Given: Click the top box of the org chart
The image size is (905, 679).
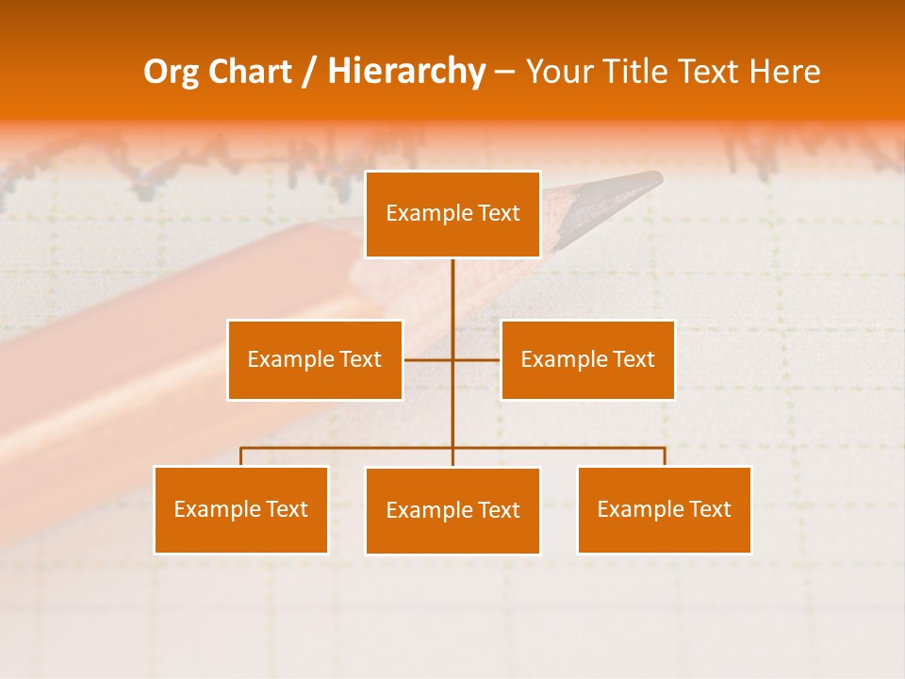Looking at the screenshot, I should point(452,214).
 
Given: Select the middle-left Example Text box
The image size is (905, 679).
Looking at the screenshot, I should point(315,359).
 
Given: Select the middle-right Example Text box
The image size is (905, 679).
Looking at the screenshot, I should point(587,359).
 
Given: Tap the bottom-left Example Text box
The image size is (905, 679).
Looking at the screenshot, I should point(241,509).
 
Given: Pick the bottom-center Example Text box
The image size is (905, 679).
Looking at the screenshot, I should point(452,510).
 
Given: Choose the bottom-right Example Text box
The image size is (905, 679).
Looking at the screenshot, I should point(664,509).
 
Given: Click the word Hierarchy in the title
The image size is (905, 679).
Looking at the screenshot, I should point(405,72).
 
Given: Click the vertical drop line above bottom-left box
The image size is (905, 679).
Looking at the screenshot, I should point(241,456).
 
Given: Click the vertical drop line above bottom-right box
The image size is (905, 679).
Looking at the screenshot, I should point(665,456).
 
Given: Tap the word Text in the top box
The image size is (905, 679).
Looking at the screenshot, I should point(498,213).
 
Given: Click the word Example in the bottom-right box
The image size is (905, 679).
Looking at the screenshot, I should point(635,509).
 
